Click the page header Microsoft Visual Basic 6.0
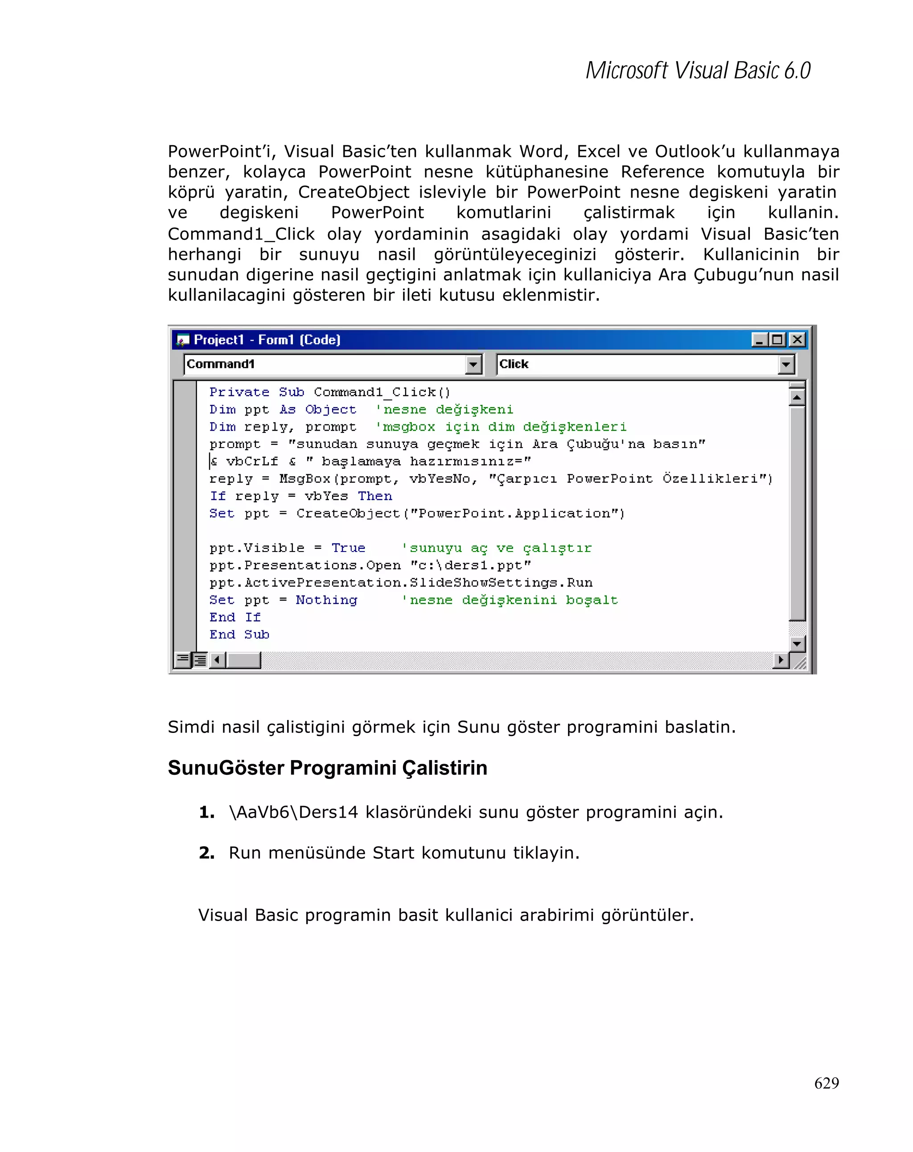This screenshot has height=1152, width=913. (697, 70)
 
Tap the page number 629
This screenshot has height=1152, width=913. (826, 1082)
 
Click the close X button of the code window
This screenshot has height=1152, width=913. (797, 339)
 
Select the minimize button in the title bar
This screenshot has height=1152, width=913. (759, 339)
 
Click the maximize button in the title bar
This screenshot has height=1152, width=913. (777, 339)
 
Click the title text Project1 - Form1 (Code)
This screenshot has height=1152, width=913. (267, 340)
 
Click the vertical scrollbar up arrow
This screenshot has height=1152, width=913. (797, 398)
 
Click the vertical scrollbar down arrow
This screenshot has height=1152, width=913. (797, 643)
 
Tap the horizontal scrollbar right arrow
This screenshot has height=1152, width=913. (781, 660)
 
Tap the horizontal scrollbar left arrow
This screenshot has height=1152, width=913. (217, 660)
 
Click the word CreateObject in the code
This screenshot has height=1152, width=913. (348, 514)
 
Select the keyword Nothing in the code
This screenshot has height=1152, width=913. (326, 600)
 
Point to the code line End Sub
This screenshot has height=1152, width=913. (239, 635)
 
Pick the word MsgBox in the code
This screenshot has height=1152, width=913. (305, 479)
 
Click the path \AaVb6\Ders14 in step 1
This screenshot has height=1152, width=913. (293, 812)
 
